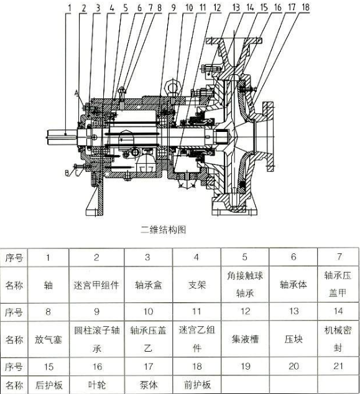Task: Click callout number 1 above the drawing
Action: click(70, 8)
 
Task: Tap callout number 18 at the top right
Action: click(305, 7)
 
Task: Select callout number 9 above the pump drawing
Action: click(173, 8)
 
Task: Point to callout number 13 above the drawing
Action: click(236, 7)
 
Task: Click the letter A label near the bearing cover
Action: click(77, 93)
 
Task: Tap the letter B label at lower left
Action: click(67, 173)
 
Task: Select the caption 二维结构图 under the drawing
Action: click(164, 230)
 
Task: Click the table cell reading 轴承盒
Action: click(149, 285)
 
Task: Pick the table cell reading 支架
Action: click(197, 285)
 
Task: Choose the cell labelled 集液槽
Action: click(245, 339)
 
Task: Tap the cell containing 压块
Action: click(293, 339)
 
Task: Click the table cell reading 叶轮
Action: click(97, 385)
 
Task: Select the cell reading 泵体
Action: click(149, 385)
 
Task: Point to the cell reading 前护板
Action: click(197, 385)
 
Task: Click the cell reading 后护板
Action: click(48, 385)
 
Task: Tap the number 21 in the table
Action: click(338, 366)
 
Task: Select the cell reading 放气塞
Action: click(48, 340)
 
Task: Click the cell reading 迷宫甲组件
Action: click(96, 285)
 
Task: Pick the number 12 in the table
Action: click(245, 312)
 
